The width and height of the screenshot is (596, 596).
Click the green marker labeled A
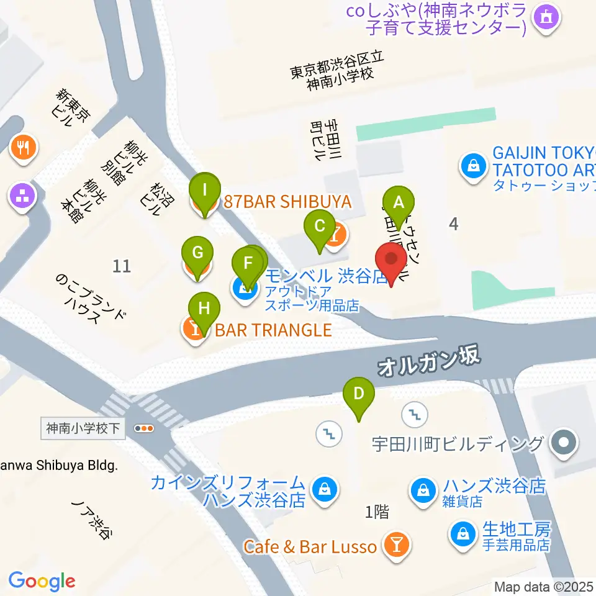(399, 202)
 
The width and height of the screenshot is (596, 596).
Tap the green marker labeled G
(197, 253)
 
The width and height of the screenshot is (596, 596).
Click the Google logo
(42, 581)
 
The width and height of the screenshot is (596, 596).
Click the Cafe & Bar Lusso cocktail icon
(395, 546)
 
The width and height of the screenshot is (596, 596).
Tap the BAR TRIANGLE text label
(273, 329)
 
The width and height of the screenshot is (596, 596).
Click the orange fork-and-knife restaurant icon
(24, 147)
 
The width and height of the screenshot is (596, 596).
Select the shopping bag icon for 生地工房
(463, 533)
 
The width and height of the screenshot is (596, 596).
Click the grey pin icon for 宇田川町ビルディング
(564, 444)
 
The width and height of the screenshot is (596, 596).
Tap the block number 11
(122, 266)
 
